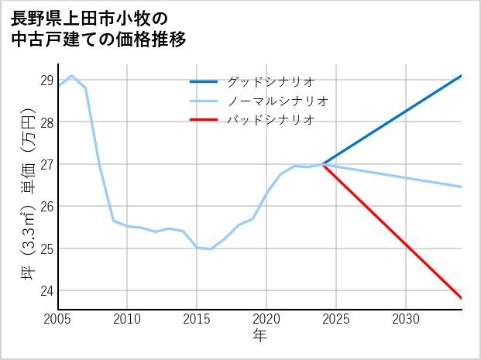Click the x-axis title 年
coord(260,336)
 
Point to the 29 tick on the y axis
coord(46,80)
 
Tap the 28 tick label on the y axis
coord(46,122)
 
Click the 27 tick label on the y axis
coord(46,164)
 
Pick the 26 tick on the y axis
coord(46,207)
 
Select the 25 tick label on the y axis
coord(46,249)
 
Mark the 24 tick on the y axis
coord(46,291)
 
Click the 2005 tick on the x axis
coord(58,319)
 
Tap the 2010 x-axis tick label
coord(127,319)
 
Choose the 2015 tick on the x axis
coord(197,319)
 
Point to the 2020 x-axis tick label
coord(266,319)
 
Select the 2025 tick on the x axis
coord(336,319)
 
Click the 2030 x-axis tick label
coord(406,319)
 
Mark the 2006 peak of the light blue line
coord(72,76)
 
